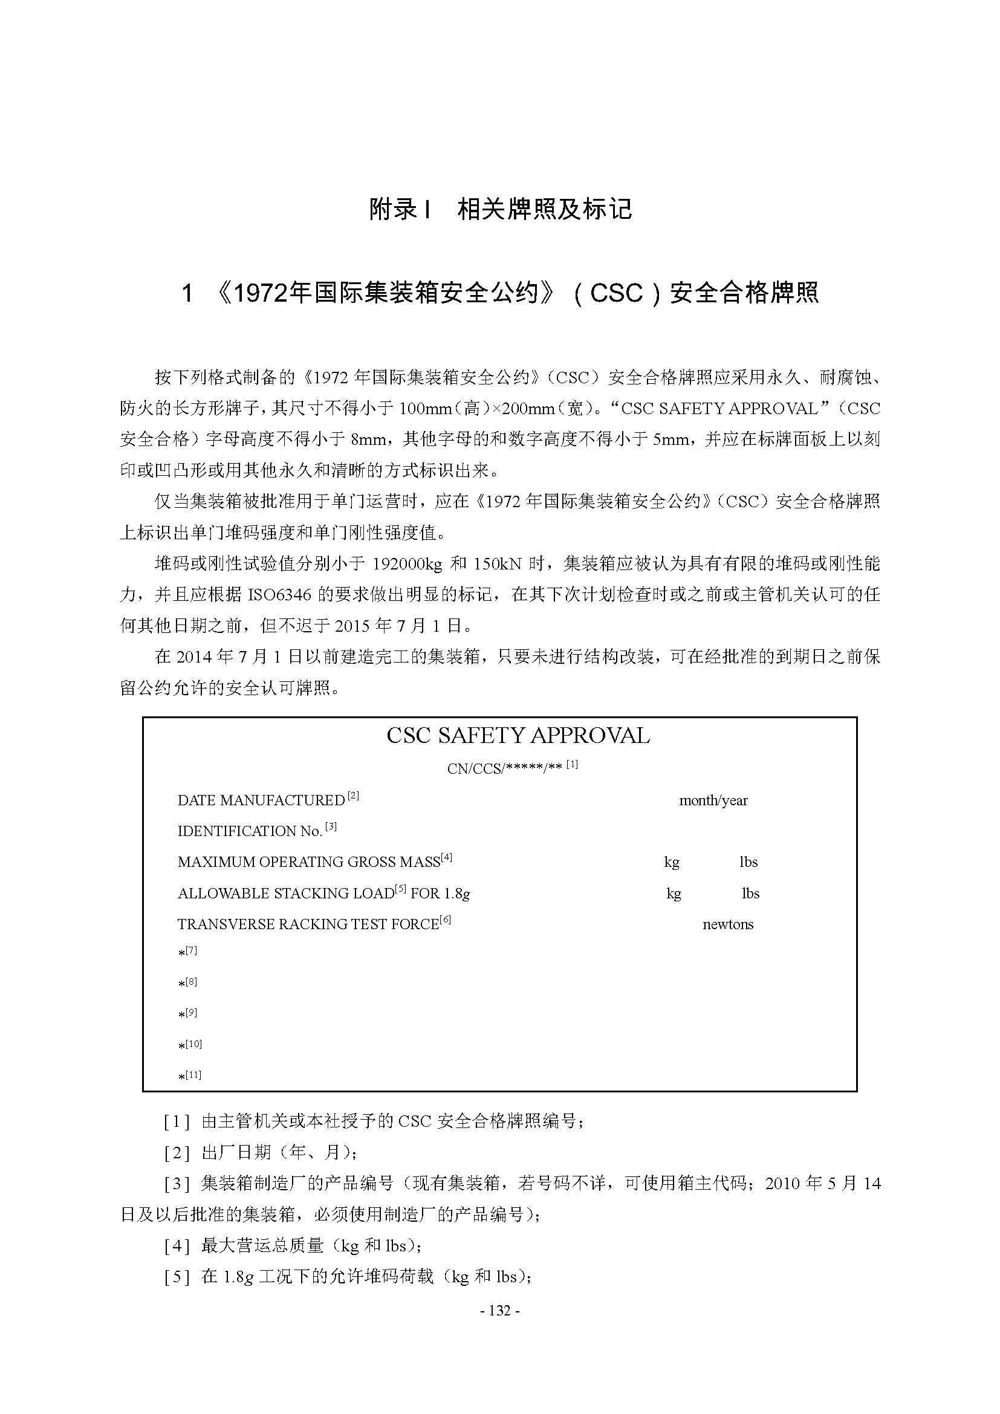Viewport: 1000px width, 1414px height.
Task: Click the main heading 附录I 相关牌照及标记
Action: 500,209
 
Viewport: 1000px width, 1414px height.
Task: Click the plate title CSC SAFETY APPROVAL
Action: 518,736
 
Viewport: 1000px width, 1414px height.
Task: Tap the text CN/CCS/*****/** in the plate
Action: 505,768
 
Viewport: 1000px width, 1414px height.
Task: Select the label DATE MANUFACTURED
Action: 261,800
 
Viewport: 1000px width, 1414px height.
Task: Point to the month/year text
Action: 713,800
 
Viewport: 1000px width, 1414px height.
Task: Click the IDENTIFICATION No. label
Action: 249,831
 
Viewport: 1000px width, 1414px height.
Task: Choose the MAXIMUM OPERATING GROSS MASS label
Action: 308,862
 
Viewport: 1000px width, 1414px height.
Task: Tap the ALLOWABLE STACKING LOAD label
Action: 285,893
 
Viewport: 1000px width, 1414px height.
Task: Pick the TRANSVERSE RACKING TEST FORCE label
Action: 307,924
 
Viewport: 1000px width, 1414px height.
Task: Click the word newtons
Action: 728,924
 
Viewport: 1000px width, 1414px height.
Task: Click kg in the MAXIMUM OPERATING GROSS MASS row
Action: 671,862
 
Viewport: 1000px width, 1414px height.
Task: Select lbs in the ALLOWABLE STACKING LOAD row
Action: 750,893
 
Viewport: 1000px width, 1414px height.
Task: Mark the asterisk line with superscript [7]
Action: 187,952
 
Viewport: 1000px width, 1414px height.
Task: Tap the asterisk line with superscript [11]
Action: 189,1077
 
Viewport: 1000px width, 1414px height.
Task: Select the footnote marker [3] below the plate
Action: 177,1184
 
